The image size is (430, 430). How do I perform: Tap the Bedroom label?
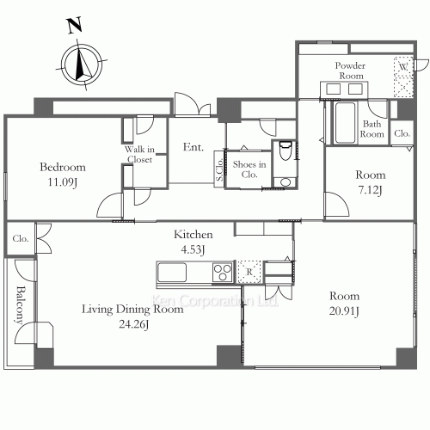(x=63, y=167)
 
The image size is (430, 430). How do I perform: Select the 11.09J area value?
(x=63, y=182)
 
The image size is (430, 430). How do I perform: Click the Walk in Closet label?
(x=139, y=154)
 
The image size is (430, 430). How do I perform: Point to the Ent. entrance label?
(x=193, y=147)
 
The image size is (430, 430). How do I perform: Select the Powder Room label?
(x=351, y=70)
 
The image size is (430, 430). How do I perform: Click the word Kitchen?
(x=193, y=234)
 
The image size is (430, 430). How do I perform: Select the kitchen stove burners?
(x=222, y=273)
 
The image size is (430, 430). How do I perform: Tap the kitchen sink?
(x=170, y=273)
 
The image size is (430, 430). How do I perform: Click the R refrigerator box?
(x=249, y=272)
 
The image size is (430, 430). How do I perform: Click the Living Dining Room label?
(x=132, y=309)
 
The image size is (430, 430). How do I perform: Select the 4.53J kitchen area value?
(x=193, y=250)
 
